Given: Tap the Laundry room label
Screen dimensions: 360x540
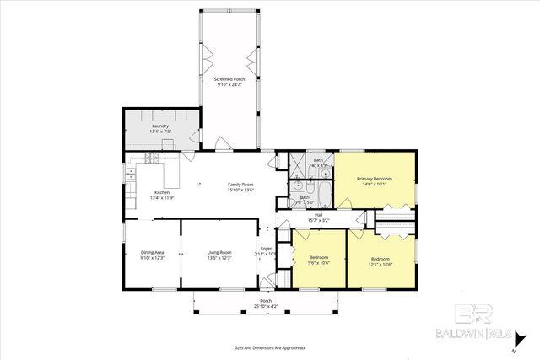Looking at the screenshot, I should tap(160, 126).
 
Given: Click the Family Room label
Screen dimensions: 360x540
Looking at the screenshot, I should tap(240, 184).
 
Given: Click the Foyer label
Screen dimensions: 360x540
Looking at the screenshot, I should tap(266, 249).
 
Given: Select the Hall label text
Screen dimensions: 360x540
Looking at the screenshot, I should tap(318, 214).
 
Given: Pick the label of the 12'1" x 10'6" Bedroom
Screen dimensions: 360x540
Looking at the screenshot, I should tap(380, 259).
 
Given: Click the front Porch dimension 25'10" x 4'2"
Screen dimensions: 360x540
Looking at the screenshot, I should tap(265, 306).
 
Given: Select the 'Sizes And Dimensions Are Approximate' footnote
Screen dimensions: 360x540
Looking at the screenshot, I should tap(270, 347).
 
